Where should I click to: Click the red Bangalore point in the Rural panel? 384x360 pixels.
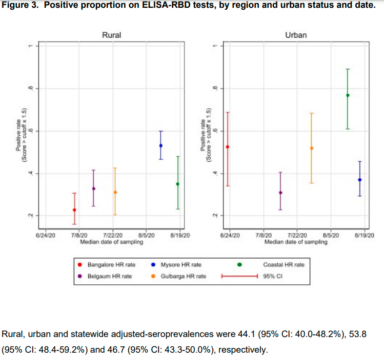74,210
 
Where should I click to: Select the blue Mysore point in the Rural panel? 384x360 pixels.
161,146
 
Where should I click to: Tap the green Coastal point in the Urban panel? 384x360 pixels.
348,95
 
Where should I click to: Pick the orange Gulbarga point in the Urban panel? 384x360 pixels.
311,148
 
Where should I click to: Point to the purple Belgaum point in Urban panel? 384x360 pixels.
281,192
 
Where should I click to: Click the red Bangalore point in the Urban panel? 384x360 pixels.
227,147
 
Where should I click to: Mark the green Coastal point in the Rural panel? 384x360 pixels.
178,184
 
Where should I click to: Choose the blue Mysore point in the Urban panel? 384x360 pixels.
360,180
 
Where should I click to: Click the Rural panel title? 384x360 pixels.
111,35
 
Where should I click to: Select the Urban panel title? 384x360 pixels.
296,35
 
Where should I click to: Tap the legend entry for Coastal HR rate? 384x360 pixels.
283,265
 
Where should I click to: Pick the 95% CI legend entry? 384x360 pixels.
276,276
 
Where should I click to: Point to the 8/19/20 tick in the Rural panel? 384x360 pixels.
181,235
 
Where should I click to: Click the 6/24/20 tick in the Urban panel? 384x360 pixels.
230,235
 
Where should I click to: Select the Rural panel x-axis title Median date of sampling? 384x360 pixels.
112,242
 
